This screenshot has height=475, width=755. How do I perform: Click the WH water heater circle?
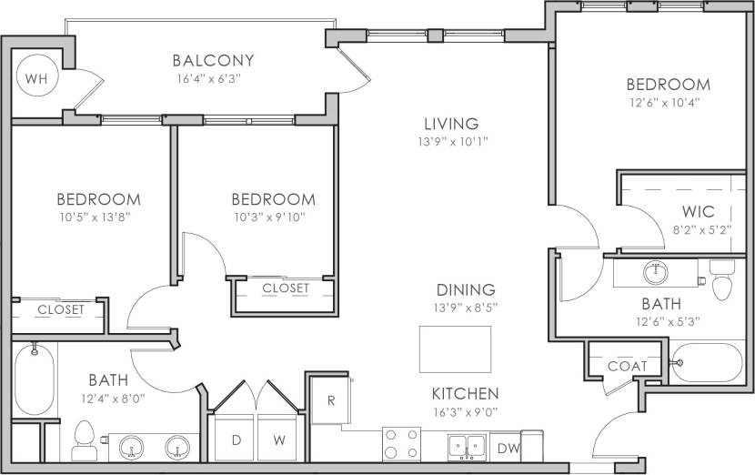36,79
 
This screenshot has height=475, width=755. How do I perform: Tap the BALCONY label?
213,61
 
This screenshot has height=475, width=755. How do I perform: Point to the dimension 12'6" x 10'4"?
668,103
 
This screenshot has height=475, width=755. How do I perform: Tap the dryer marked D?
236,440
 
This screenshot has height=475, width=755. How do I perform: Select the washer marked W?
279,440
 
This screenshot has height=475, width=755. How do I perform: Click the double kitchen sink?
466,446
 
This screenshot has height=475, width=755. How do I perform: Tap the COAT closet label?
627,366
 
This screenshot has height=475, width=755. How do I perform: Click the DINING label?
464,289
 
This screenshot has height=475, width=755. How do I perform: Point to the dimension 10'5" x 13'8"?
98,217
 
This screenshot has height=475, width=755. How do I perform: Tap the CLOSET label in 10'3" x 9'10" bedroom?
286,288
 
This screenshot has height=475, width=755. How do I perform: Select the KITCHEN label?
465,394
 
